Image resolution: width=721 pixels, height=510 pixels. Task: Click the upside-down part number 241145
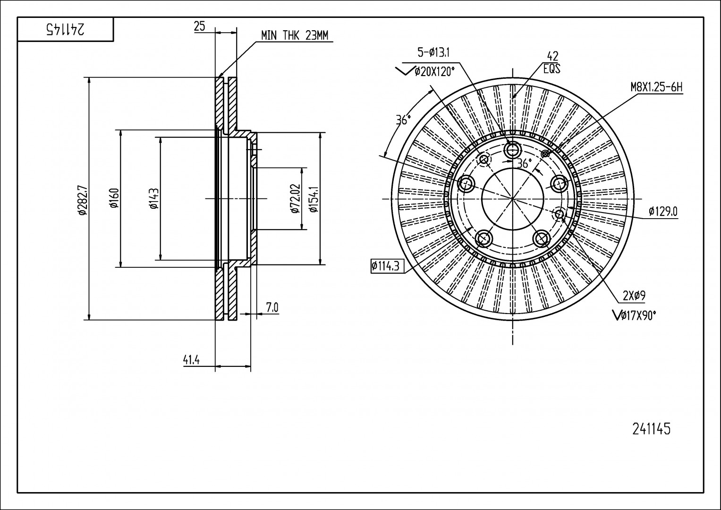(66, 29)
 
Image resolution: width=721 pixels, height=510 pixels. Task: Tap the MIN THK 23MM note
(295, 35)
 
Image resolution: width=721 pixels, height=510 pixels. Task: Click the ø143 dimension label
(154, 198)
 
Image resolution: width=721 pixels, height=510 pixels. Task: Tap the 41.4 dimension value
(192, 360)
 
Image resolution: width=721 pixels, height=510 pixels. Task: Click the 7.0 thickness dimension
(272, 308)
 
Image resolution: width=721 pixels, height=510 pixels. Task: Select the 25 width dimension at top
(200, 26)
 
